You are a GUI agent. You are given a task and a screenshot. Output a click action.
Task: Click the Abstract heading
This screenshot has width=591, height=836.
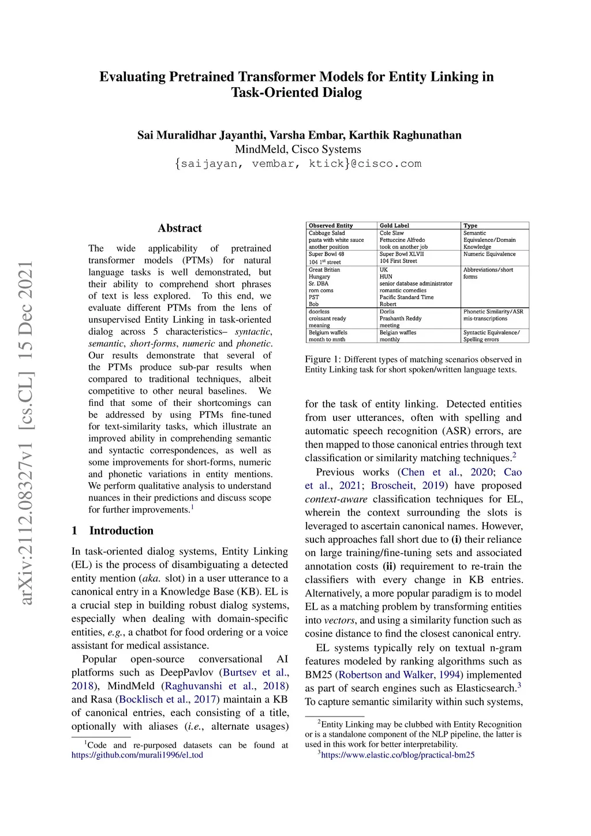[179, 228]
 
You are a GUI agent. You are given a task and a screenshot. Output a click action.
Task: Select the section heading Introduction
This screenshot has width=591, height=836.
[121, 531]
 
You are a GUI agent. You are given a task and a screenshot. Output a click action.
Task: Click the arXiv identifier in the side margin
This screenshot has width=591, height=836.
[27, 433]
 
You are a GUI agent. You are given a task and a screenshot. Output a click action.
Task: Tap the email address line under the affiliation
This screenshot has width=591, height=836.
[298, 163]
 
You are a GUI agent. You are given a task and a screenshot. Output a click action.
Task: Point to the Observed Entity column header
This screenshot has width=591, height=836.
[331, 226]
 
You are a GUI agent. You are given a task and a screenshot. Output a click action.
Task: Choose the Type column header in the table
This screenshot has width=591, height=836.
[470, 226]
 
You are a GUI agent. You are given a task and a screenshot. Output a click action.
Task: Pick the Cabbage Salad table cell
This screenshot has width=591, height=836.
[327, 233]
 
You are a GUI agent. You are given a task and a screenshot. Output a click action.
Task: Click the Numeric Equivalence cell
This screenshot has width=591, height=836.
[489, 254]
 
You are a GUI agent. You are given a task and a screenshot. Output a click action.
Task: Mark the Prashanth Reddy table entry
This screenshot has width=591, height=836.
[401, 319]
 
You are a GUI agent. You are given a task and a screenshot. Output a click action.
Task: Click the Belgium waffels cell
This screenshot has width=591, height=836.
[328, 333]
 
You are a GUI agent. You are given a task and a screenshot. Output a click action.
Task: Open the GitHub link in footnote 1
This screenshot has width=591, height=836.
[137, 755]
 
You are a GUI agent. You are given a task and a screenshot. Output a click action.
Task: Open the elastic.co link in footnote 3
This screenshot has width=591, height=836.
[398, 755]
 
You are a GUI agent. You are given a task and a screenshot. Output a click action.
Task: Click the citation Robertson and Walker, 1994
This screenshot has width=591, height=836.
[399, 675]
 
